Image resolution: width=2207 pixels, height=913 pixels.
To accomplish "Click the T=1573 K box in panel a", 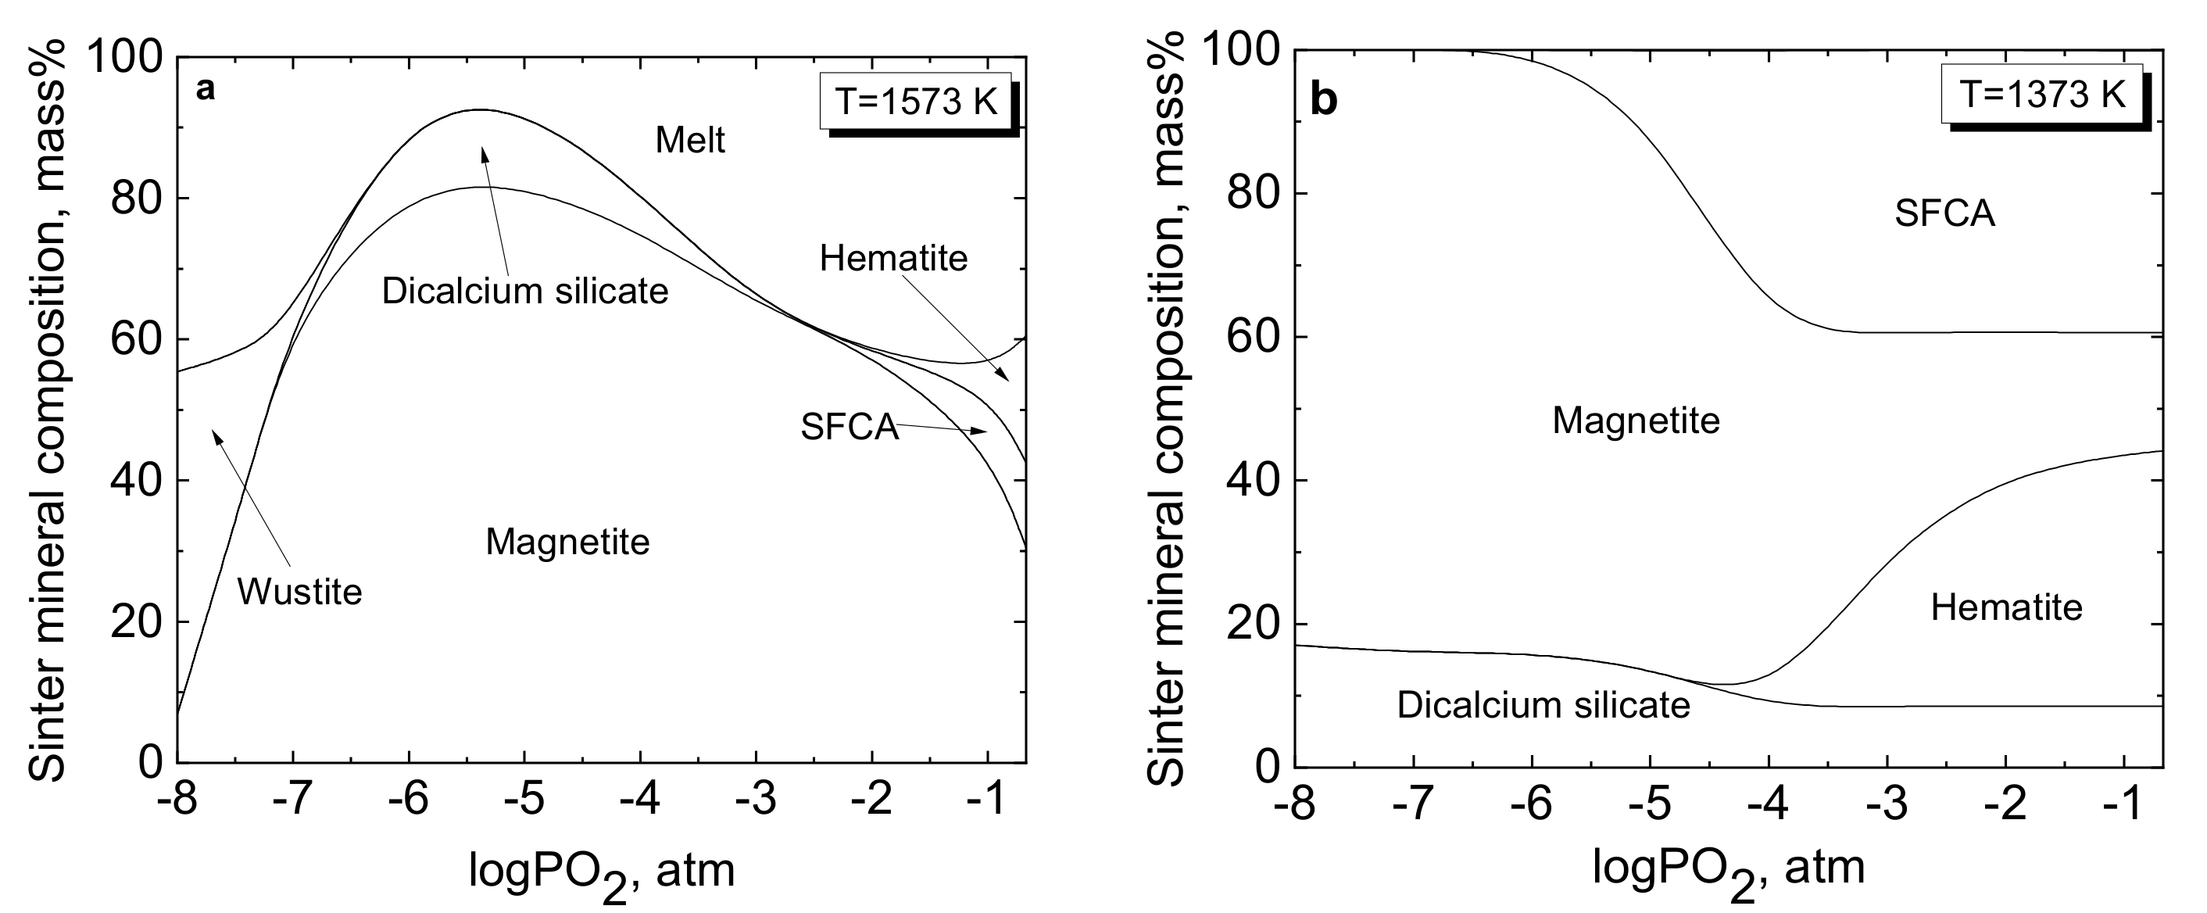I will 916,102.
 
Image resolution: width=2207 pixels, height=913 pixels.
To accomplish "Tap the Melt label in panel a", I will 689,141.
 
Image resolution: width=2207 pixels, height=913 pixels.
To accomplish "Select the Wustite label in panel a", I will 299,593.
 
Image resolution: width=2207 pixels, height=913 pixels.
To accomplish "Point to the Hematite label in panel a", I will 892,258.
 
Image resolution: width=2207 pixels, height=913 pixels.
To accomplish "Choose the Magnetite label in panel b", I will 1636,421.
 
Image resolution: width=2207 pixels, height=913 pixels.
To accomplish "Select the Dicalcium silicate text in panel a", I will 524,292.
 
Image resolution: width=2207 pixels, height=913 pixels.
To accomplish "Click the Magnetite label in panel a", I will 567,542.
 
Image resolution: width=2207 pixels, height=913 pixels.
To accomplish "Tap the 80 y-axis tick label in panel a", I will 137,199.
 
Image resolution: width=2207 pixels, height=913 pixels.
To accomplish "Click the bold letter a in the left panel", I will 205,89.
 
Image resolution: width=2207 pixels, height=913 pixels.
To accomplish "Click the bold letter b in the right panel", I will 1324,101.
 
